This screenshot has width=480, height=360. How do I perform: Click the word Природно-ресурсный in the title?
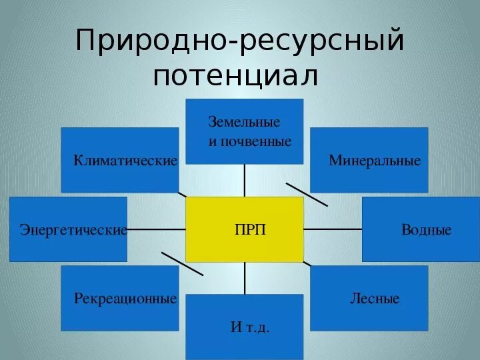click(240, 41)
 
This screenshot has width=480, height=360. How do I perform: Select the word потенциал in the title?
click(235, 75)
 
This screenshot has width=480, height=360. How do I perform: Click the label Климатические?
click(125, 161)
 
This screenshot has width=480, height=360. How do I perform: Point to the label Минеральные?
click(375, 161)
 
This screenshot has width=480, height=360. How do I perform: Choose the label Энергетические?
click(73, 230)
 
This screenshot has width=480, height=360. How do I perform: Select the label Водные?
click(426, 230)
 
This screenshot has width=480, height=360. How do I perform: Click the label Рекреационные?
click(125, 298)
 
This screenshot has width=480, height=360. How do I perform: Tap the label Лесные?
click(375, 298)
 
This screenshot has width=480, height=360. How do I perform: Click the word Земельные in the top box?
click(244, 123)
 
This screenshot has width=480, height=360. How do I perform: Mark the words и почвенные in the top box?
click(250, 141)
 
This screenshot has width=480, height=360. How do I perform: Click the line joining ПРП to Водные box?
click(333, 229)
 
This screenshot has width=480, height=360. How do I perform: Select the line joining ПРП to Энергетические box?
click(156, 229)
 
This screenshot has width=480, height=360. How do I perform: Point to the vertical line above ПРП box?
click(245, 180)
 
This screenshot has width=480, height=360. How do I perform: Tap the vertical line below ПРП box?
click(245, 278)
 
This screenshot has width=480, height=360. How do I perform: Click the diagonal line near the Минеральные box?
click(307, 193)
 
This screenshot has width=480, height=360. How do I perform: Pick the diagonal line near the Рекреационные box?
click(182, 264)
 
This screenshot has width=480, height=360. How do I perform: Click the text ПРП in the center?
click(250, 230)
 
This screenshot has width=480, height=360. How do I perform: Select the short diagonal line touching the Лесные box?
click(307, 264)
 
